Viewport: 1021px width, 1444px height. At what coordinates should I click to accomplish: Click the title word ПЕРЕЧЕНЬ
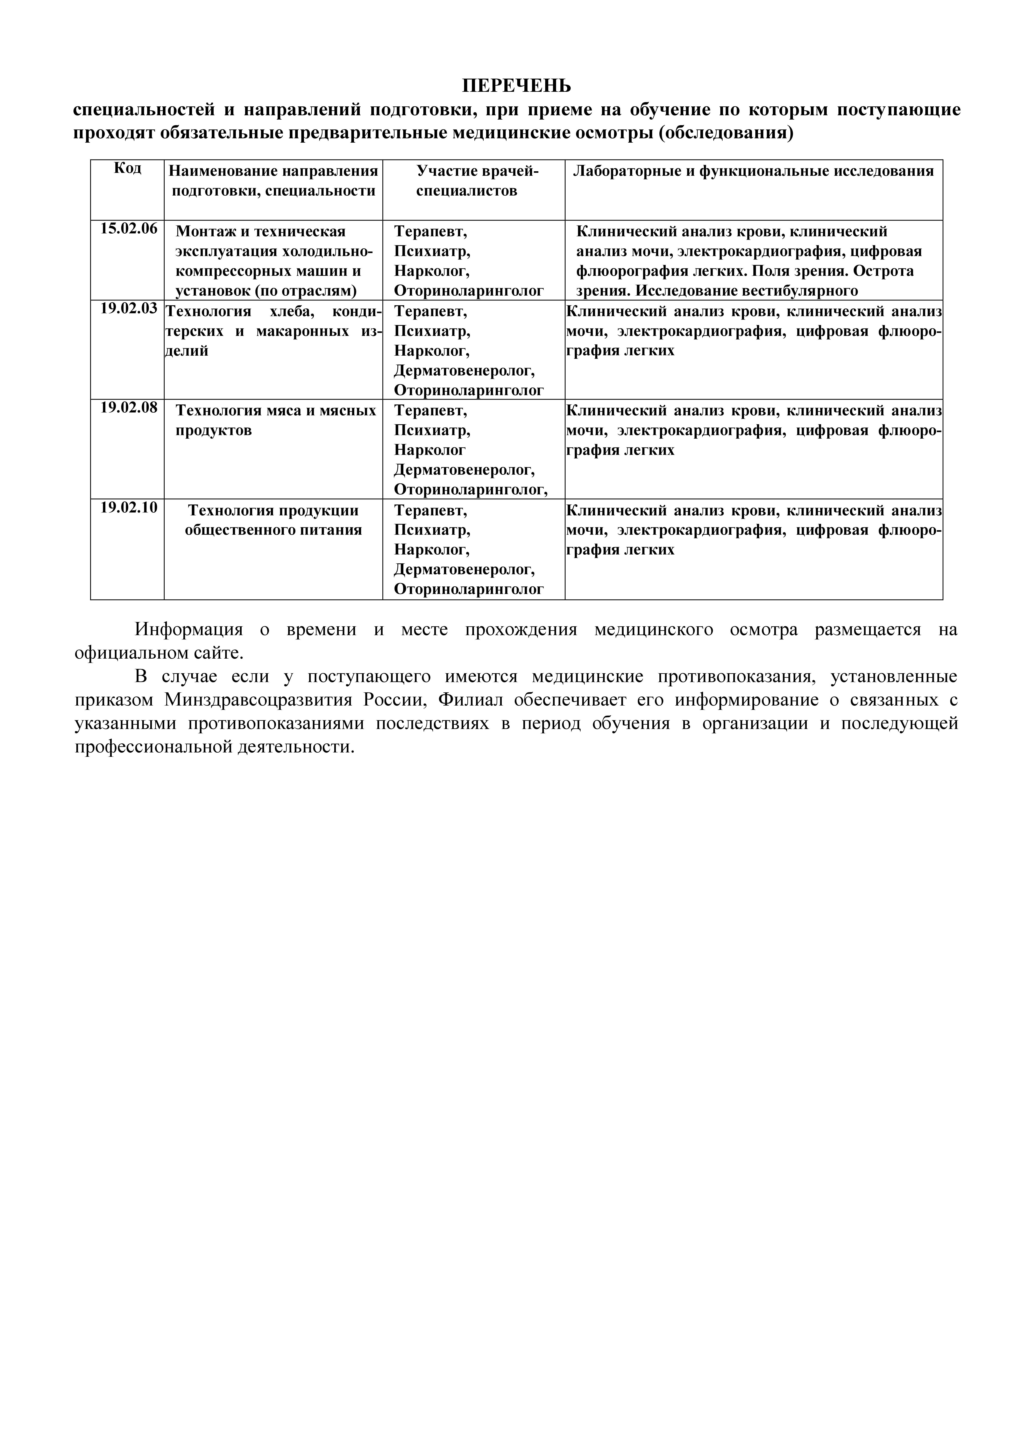coord(517,85)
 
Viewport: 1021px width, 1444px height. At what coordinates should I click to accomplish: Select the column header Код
coord(128,169)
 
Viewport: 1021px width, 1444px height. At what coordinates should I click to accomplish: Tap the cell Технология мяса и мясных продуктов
coord(276,421)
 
